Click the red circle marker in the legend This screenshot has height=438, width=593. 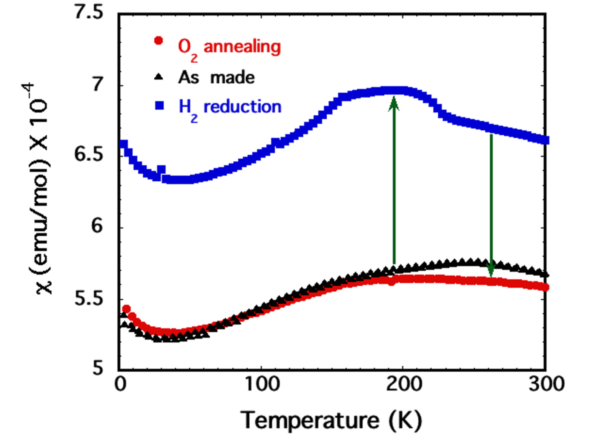coord(158,40)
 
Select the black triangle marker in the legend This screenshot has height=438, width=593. coord(159,77)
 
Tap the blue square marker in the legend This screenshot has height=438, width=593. coord(160,106)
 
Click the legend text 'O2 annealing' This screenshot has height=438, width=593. coord(229,47)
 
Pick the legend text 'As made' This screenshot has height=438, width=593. coord(216,77)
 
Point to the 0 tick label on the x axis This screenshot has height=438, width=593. coord(120,384)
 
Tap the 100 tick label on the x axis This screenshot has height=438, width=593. coord(261,384)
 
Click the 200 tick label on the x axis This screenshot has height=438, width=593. coord(403,384)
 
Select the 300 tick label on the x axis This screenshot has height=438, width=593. coord(546,384)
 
